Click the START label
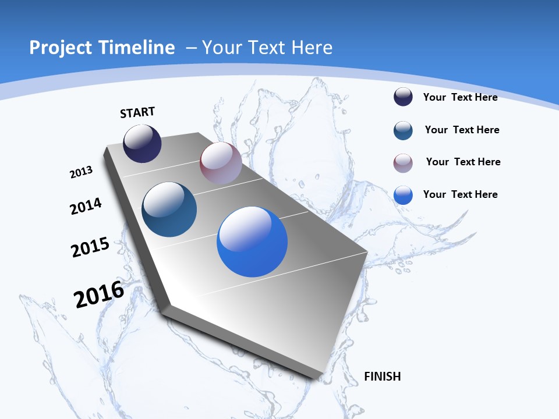tap(137, 112)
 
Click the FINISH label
tap(382, 377)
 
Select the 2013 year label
tap(81, 172)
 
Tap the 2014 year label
tap(86, 207)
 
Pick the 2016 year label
tap(99, 294)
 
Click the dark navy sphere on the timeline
tap(142, 143)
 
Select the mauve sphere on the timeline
tap(221, 163)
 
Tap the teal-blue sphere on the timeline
tap(169, 210)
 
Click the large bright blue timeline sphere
tap(252, 242)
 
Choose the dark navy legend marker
tap(403, 97)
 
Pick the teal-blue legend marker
tap(403, 130)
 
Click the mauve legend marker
tap(403, 163)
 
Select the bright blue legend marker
tap(403, 195)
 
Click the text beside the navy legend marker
tap(460, 97)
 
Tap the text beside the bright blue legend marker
tap(460, 194)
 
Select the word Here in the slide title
tap(312, 48)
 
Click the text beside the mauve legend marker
tap(463, 162)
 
